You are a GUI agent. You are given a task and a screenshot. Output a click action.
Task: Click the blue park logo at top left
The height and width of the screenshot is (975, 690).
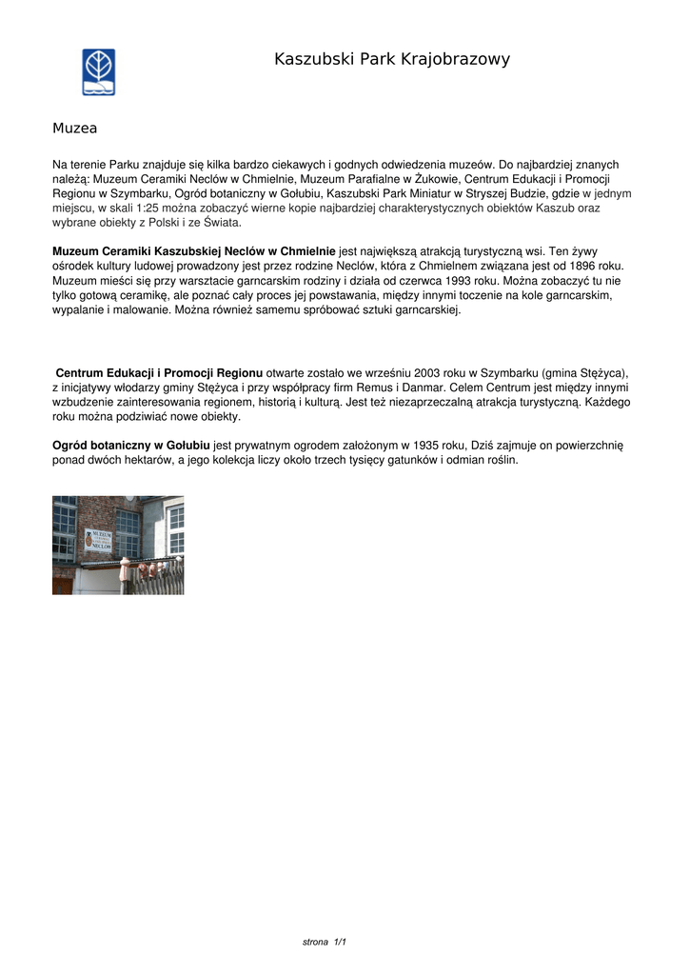point(99,71)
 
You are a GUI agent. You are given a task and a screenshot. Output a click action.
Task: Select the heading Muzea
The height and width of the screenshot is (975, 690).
point(74,127)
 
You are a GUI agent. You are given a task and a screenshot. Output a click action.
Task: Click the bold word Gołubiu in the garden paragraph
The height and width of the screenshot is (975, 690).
point(187,446)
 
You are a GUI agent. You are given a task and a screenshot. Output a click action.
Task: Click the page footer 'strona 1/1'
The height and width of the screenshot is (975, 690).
point(325,942)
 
